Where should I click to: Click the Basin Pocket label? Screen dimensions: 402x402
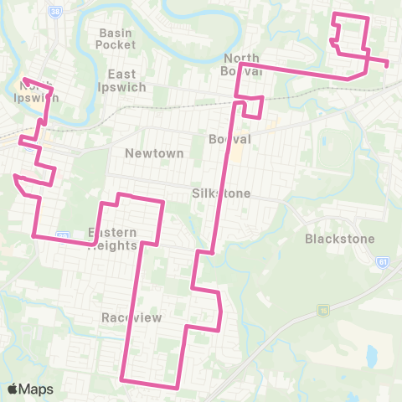(x=116, y=39)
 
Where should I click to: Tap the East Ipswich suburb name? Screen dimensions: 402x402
(x=126, y=80)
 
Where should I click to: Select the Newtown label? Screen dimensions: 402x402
(x=147, y=153)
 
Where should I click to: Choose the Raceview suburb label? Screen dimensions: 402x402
(x=125, y=318)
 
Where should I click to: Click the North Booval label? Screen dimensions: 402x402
(x=244, y=64)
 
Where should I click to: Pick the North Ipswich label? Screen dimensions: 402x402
(x=34, y=90)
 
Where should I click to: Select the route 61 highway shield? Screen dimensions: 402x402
(x=382, y=260)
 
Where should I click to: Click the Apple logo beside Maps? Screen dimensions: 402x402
(x=13, y=389)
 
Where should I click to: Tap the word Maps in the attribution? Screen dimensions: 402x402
(x=38, y=389)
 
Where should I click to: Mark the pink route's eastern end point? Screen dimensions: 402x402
(x=387, y=62)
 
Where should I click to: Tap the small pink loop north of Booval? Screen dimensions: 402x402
(x=253, y=106)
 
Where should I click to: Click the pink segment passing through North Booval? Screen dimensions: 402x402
(x=293, y=70)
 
